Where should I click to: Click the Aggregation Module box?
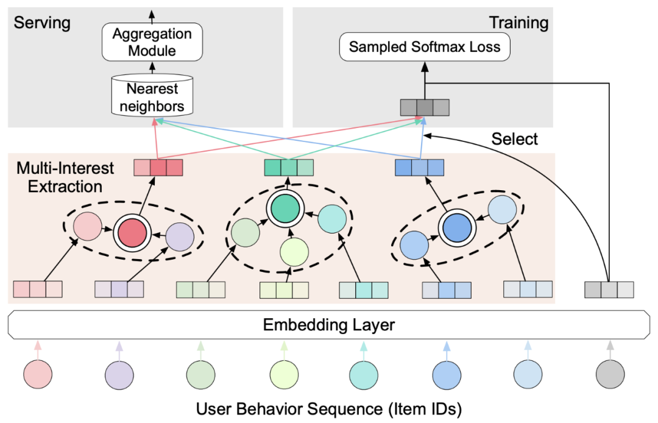pos(152,42)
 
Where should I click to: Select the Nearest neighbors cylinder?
pos(152,98)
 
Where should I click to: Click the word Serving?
pos(42,23)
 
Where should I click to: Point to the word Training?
pos(519,23)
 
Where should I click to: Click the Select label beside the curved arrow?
pos(515,139)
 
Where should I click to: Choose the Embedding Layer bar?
pos(328,325)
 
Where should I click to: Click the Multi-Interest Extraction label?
pos(58,177)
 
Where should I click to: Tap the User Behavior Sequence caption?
pos(328,408)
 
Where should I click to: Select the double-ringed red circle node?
pos(133,232)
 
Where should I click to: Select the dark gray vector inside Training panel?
pos(425,108)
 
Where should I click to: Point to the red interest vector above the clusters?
pos(158,167)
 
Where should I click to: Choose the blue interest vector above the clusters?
pos(419,167)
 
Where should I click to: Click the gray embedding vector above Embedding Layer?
pos(609,289)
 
